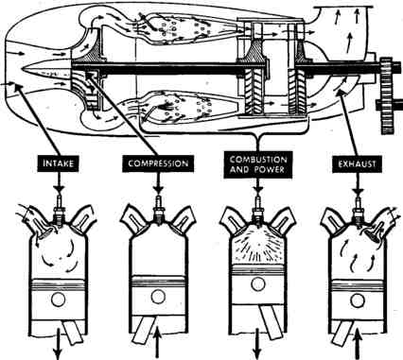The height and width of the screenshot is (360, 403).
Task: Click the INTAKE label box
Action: [x=59, y=163]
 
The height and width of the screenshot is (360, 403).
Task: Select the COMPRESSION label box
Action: [x=158, y=163]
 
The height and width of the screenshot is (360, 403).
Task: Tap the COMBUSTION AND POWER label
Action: [x=258, y=164]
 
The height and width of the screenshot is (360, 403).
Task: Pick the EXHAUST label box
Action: [x=357, y=163]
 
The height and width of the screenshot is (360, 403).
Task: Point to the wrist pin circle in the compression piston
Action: [x=157, y=297]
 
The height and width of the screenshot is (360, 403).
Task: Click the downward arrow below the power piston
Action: [x=258, y=343]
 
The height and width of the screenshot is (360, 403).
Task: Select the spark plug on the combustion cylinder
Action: [x=258, y=211]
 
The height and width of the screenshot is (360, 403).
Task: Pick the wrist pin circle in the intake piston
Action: [x=58, y=299]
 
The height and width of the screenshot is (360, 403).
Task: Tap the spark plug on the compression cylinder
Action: [x=159, y=209]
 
